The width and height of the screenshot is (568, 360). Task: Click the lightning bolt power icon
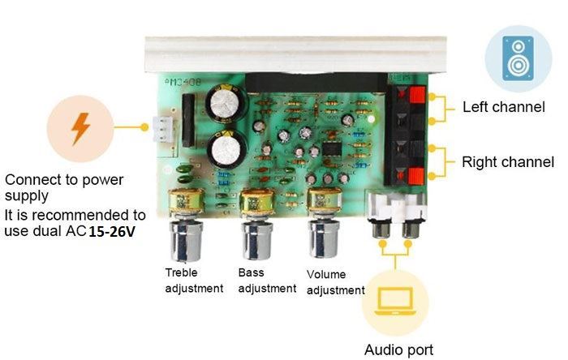(80, 129)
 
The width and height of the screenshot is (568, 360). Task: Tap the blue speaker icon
(518, 58)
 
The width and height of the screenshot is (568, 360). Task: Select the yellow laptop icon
(395, 302)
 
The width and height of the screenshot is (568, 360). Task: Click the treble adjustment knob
(186, 240)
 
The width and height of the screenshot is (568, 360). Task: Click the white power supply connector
(163, 130)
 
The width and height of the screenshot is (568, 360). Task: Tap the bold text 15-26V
(112, 232)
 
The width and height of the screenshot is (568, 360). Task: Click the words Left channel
(504, 107)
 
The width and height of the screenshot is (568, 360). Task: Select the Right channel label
(508, 162)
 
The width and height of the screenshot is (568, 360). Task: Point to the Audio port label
(398, 350)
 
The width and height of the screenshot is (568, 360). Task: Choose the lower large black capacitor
(226, 149)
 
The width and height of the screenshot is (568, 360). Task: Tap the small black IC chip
(331, 150)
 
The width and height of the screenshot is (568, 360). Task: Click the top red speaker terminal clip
(416, 95)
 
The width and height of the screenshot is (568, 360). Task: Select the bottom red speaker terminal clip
(415, 176)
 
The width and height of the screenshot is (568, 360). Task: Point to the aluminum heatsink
(295, 54)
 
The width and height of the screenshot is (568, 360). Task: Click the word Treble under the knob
(181, 272)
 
